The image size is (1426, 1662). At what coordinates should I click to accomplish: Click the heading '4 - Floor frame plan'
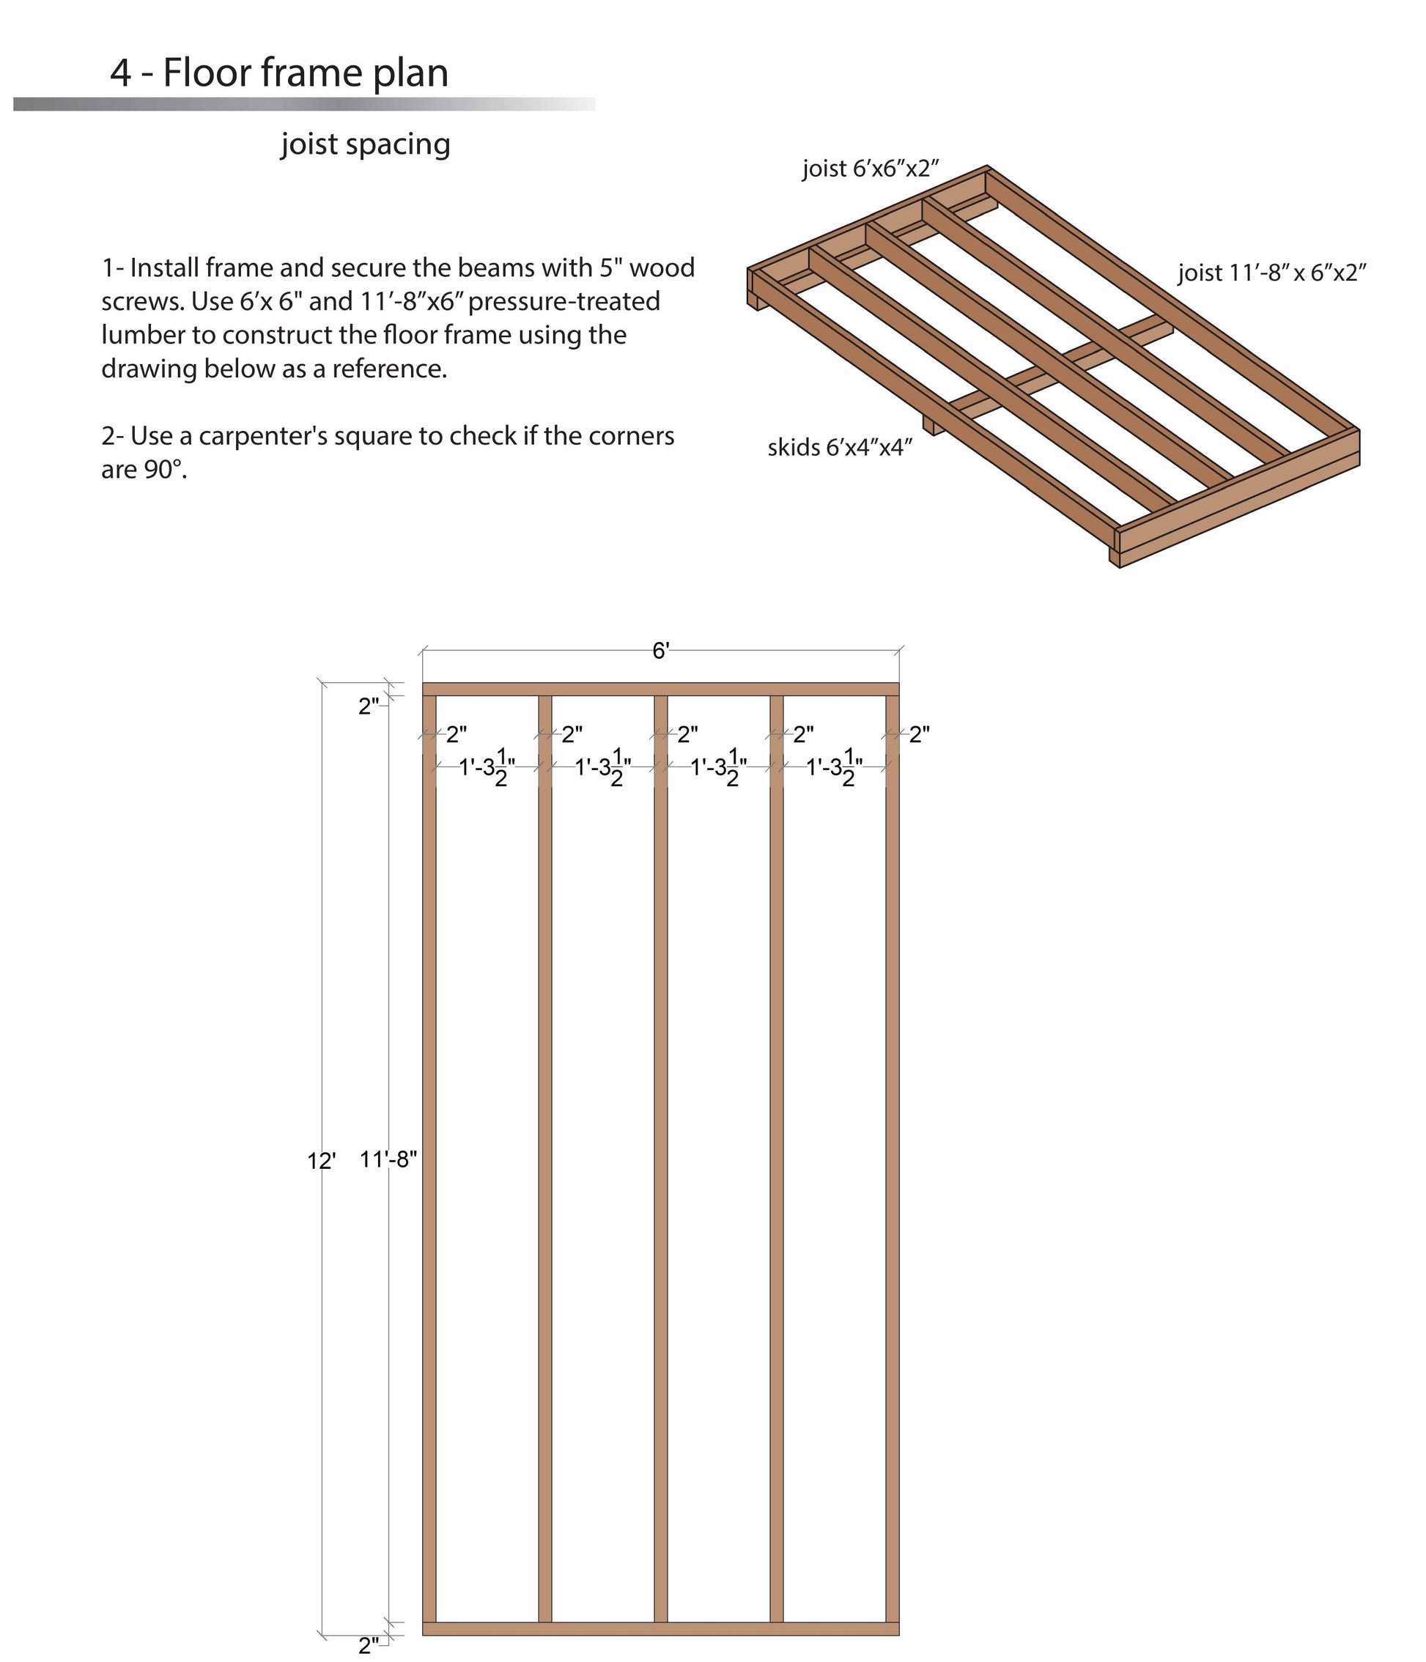click(x=278, y=73)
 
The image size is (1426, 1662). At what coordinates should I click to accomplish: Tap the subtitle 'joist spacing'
click(x=365, y=144)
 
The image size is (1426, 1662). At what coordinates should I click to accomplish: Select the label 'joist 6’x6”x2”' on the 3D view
click(x=871, y=169)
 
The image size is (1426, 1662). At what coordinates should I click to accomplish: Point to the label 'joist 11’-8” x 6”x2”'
click(x=1271, y=273)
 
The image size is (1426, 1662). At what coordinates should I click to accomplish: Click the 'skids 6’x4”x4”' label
click(x=840, y=448)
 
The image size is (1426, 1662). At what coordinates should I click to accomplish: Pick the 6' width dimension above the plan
click(x=660, y=651)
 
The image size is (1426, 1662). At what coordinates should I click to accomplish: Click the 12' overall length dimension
click(x=321, y=1161)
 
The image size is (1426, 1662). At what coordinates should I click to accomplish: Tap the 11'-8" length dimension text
click(x=388, y=1159)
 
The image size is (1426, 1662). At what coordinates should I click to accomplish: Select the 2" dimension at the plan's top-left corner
click(x=368, y=706)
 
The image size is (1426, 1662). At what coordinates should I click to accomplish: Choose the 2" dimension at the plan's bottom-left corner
click(x=368, y=1645)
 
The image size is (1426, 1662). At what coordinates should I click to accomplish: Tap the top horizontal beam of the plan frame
click(x=660, y=689)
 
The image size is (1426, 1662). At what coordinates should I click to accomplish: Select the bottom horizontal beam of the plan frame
click(x=660, y=1628)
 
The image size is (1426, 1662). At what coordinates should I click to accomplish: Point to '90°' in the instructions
click(x=164, y=470)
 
